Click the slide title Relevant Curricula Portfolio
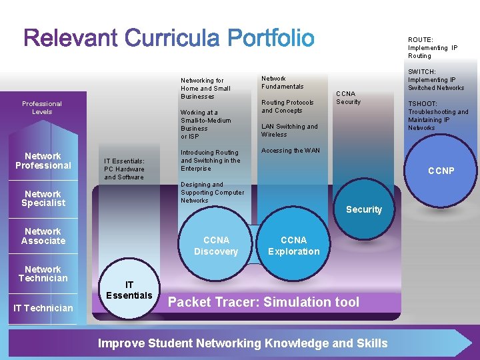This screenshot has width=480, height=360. pyautogui.click(x=169, y=38)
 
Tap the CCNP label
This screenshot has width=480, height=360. pyautogui.click(x=441, y=171)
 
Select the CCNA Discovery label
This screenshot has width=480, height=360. pyautogui.click(x=215, y=245)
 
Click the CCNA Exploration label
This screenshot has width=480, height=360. pyautogui.click(x=293, y=245)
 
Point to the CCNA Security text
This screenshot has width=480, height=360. pyautogui.click(x=348, y=98)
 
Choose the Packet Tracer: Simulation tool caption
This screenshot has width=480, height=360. pyautogui.click(x=263, y=302)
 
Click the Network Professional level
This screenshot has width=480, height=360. pyautogui.click(x=43, y=161)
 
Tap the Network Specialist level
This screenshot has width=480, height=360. pyautogui.click(x=43, y=199)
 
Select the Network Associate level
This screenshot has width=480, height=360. pyautogui.click(x=43, y=236)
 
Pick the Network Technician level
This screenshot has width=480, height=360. pyautogui.click(x=43, y=273)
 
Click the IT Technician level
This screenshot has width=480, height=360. pyautogui.click(x=43, y=308)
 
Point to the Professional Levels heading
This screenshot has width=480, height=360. pyautogui.click(x=42, y=107)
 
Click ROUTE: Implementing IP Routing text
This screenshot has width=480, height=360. pyautogui.click(x=433, y=47)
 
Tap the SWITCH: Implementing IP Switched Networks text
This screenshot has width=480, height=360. pyautogui.click(x=436, y=79)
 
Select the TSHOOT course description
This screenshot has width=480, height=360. pyautogui.click(x=438, y=116)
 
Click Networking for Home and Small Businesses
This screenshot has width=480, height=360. pyautogui.click(x=205, y=88)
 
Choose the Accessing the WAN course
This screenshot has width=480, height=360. pyautogui.click(x=290, y=151)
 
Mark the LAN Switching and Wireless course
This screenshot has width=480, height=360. pyautogui.click(x=289, y=130)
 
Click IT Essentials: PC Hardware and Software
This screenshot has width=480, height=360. pyautogui.click(x=124, y=169)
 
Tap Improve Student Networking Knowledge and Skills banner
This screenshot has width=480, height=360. pyautogui.click(x=243, y=343)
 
